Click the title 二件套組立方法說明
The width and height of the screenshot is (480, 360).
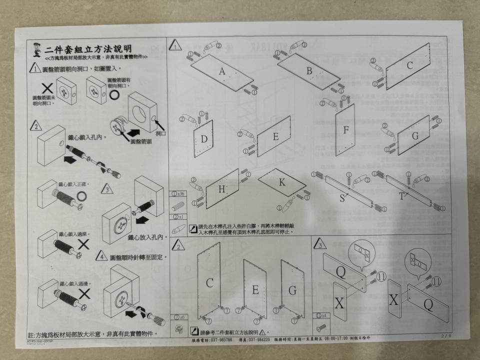pyautogui.click(x=88, y=49)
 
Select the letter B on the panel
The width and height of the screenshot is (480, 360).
pyautogui.click(x=309, y=71)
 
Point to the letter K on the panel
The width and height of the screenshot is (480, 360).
pyautogui.click(x=282, y=182)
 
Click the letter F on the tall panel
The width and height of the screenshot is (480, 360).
pyautogui.click(x=345, y=129)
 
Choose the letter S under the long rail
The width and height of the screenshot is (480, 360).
pyautogui.click(x=342, y=198)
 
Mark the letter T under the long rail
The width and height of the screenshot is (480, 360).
pyautogui.click(x=401, y=196)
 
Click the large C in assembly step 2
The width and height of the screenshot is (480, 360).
pyautogui.click(x=209, y=283)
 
